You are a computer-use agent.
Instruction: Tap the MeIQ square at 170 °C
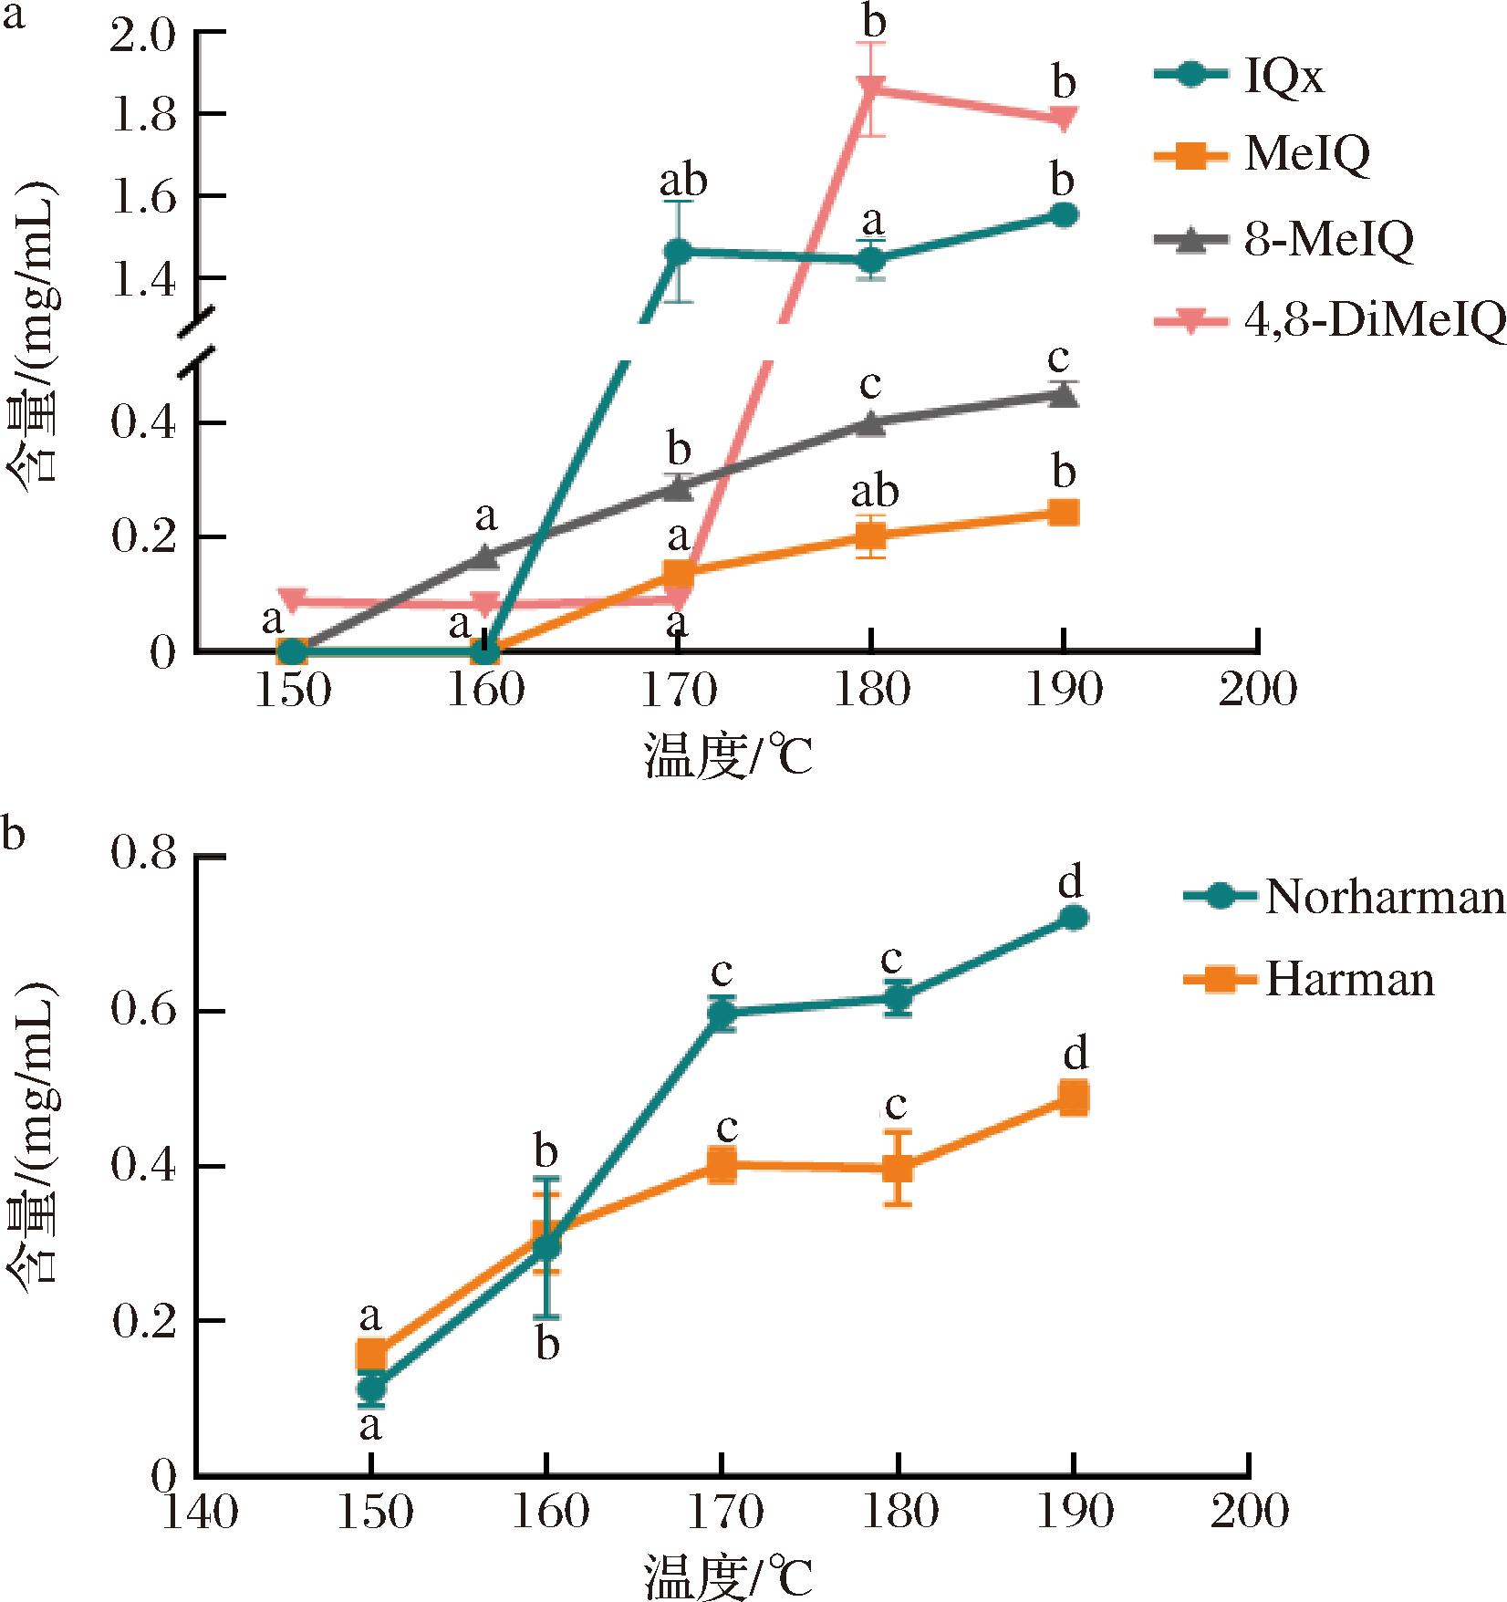pos(678,574)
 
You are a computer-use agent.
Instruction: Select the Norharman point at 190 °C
pos(1074,918)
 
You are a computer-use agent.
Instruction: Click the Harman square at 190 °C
pos(1074,1097)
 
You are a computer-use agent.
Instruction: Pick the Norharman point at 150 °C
pos(370,1389)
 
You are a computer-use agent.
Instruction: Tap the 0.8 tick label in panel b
pos(147,857)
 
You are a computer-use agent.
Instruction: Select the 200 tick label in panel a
pos(1259,691)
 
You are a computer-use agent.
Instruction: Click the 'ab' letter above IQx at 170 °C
pos(683,181)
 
